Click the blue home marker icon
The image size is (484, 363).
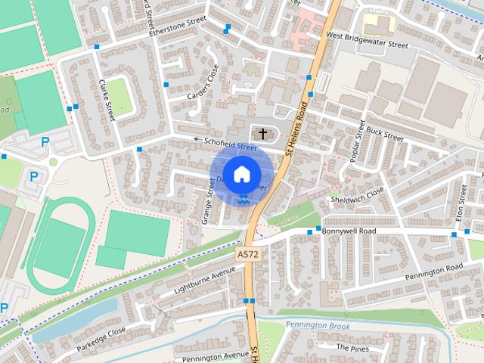(241, 174)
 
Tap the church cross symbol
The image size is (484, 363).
(262, 134)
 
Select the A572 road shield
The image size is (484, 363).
(247, 255)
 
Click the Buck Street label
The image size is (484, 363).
(384, 134)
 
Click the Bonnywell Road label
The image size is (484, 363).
(349, 230)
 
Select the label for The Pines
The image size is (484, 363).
(352, 347)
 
